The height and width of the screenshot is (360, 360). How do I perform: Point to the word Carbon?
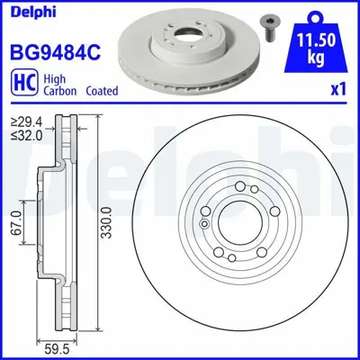click(59, 93)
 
